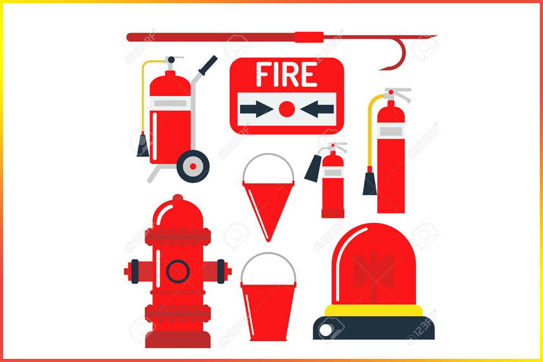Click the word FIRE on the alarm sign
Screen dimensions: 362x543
286,76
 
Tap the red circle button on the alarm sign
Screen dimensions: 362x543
287,109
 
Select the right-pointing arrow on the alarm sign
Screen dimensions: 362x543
256,109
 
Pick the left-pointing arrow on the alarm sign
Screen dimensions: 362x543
317,109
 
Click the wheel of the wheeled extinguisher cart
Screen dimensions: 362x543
193,166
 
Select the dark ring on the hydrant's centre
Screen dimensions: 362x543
178,271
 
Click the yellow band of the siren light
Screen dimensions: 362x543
374,310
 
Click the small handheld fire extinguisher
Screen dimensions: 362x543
332,184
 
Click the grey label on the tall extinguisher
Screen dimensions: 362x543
391,131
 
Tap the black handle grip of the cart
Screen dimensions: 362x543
208,64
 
